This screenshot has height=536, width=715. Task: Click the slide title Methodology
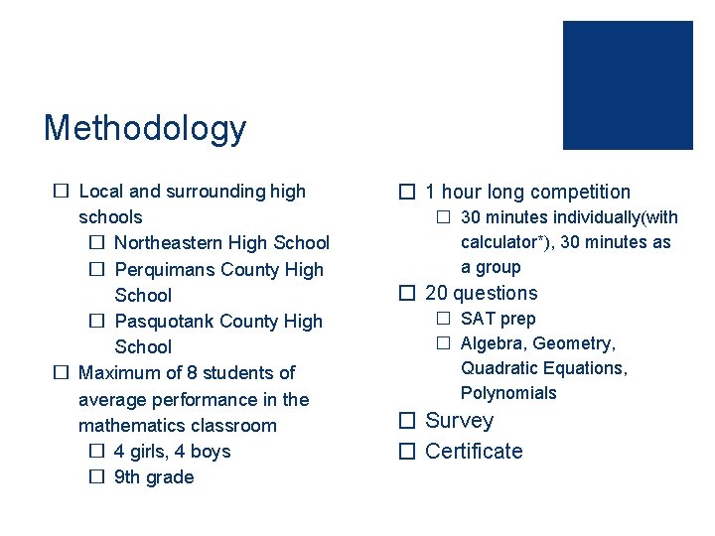[x=144, y=128]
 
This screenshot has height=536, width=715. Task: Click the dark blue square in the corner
[x=628, y=85]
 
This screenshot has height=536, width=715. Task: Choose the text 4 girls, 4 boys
[x=172, y=452]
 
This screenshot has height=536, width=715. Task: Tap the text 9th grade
[x=154, y=477]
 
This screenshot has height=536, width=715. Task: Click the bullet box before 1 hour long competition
[x=405, y=193]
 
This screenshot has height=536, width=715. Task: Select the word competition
[x=582, y=193]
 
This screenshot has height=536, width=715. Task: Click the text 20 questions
[x=481, y=293]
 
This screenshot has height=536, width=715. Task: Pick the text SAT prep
[x=498, y=319]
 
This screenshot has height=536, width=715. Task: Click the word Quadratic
[x=497, y=368]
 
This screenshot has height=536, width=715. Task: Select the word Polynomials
[x=508, y=393]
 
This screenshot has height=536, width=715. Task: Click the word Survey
[x=459, y=421]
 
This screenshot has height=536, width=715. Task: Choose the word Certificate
[x=474, y=452]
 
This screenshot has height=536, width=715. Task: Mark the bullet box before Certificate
[x=405, y=452]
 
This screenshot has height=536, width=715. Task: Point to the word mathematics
[x=128, y=425]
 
